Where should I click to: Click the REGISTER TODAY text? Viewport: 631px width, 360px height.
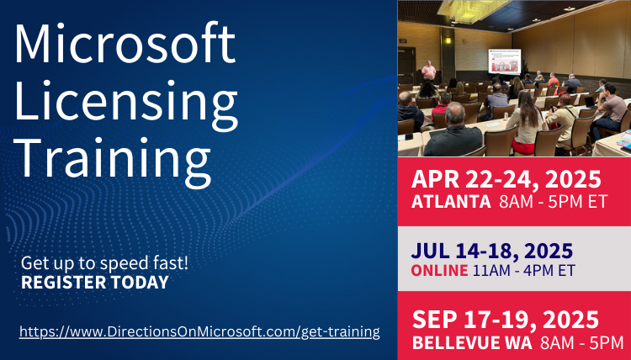tap(95, 283)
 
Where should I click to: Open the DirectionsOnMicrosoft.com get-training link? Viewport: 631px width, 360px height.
tap(199, 332)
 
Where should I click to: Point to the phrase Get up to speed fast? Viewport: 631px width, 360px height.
tap(104, 263)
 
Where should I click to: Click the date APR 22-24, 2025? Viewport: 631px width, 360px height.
tap(506, 179)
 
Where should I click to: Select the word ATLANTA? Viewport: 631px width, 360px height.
tap(451, 202)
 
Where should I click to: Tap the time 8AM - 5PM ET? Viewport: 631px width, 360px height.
tap(554, 202)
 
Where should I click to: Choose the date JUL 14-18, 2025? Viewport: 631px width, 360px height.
tap(492, 251)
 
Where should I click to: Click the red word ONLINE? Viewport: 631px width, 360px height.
tap(439, 270)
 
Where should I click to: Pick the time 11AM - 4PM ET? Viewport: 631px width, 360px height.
tap(524, 270)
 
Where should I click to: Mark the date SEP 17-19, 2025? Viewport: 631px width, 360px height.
tap(506, 320)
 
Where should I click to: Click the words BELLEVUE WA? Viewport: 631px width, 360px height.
tap(472, 342)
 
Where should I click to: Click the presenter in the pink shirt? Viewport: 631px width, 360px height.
tap(428, 71)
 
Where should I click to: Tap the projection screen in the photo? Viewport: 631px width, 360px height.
tap(504, 61)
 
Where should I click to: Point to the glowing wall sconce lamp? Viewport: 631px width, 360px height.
tap(448, 40)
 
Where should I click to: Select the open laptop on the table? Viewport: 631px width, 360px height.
tap(590, 102)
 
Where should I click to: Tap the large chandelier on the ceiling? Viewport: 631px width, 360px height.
tap(472, 9)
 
